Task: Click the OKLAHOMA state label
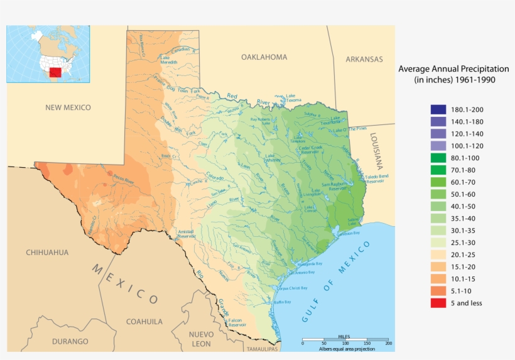pyautogui.click(x=264, y=57)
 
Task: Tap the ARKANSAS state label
pyautogui.click(x=364, y=59)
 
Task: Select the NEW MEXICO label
pyautogui.click(x=68, y=107)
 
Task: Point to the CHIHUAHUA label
pyautogui.click(x=47, y=252)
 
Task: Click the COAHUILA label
pyautogui.click(x=144, y=321)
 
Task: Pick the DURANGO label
pyautogui.click(x=70, y=342)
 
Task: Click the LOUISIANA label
pyautogui.click(x=377, y=151)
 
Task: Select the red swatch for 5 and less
pyautogui.click(x=438, y=303)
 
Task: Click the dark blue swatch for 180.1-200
pyautogui.click(x=438, y=109)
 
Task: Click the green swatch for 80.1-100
pyautogui.click(x=438, y=158)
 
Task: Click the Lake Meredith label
pyautogui.click(x=169, y=60)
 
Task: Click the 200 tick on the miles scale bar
pyautogui.click(x=389, y=343)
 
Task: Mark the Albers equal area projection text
pyautogui.click(x=346, y=349)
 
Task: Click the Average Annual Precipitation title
pyautogui.click(x=453, y=74)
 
